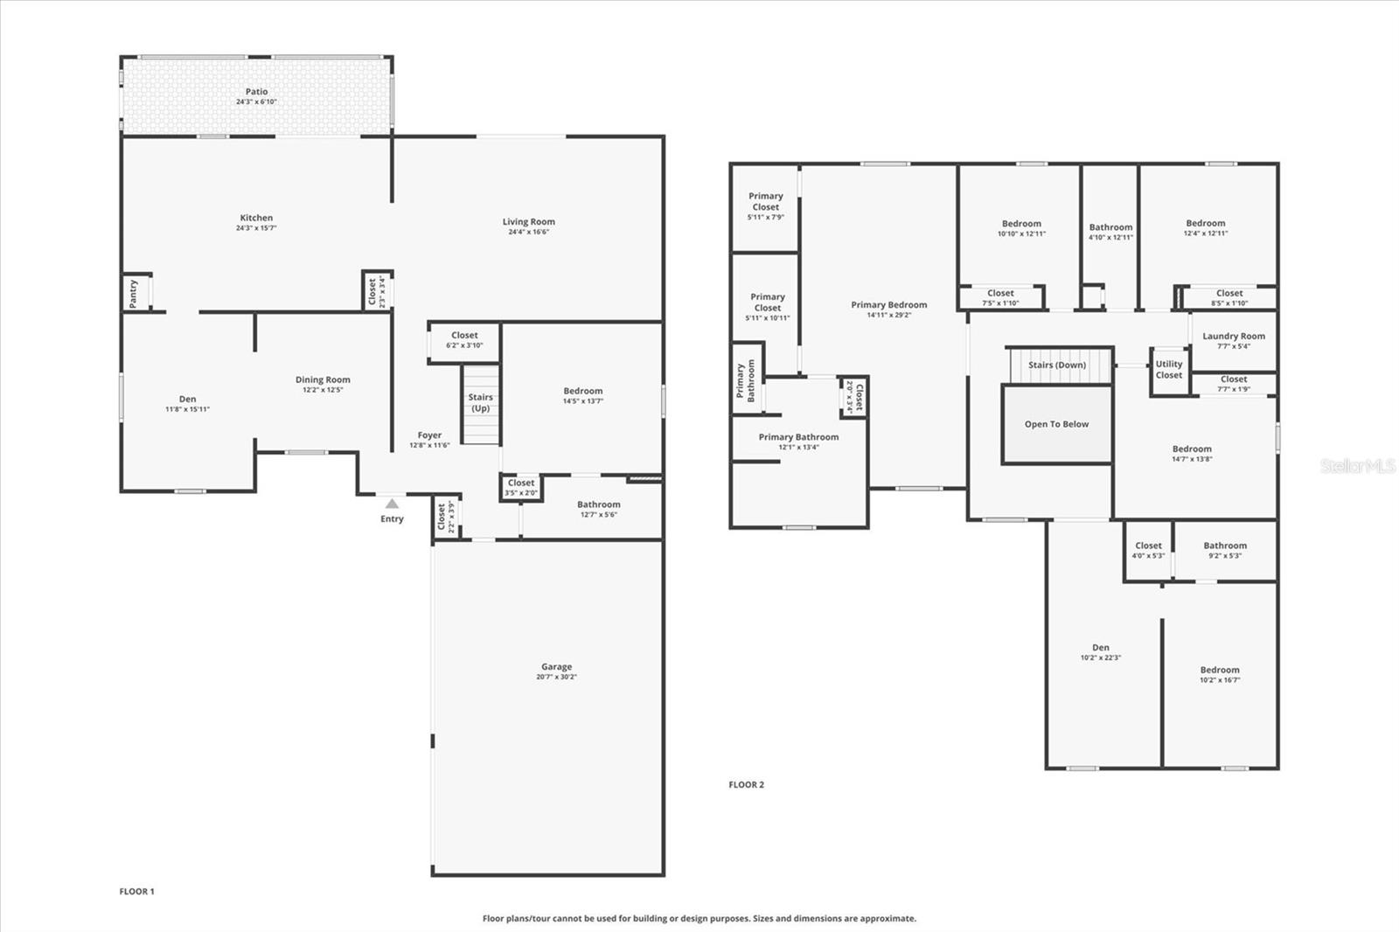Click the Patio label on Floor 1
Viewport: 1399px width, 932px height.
pyautogui.click(x=256, y=92)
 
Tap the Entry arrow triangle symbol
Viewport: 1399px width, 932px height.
pyautogui.click(x=392, y=504)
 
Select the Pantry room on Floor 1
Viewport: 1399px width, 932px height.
pyautogui.click(x=134, y=293)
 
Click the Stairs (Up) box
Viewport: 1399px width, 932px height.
pyautogui.click(x=481, y=404)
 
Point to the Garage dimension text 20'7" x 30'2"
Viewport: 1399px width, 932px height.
pyautogui.click(x=556, y=678)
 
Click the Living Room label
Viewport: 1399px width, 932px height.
pyautogui.click(x=528, y=222)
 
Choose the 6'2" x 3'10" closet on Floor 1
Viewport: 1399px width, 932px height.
pyautogui.click(x=464, y=340)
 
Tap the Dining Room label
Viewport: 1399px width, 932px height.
pyautogui.click(x=323, y=380)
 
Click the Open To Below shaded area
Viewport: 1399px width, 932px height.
pyautogui.click(x=1056, y=425)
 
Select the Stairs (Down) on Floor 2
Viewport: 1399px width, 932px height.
pyautogui.click(x=1057, y=365)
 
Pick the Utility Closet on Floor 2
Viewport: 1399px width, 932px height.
pyautogui.click(x=1168, y=370)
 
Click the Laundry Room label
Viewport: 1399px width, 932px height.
pyautogui.click(x=1233, y=337)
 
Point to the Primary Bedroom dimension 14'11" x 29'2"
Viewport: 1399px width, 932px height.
pyautogui.click(x=888, y=316)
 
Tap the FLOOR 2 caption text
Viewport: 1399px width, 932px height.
pyautogui.click(x=746, y=785)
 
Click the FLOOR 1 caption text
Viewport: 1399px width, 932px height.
pyautogui.click(x=136, y=892)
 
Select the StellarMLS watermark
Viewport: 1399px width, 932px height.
pyautogui.click(x=1357, y=467)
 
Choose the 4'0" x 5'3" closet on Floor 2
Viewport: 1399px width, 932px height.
pyautogui.click(x=1148, y=550)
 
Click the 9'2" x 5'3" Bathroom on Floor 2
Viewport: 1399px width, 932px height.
pyautogui.click(x=1224, y=550)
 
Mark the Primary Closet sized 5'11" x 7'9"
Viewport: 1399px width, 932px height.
pyautogui.click(x=765, y=206)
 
